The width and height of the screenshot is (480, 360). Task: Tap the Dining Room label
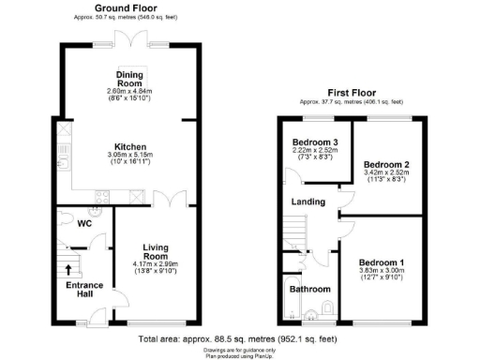(128, 78)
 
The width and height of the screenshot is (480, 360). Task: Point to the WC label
(83, 223)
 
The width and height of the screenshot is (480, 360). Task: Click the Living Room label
(155, 250)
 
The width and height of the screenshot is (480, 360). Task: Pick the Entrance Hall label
(84, 291)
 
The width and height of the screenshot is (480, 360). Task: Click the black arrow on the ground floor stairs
(67, 270)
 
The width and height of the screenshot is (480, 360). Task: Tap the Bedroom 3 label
(314, 142)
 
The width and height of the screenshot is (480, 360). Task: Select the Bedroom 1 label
(382, 262)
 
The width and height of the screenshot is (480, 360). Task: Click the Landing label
(308, 202)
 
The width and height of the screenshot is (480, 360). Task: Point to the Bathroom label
(310, 290)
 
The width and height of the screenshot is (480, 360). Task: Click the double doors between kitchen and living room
(165, 200)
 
